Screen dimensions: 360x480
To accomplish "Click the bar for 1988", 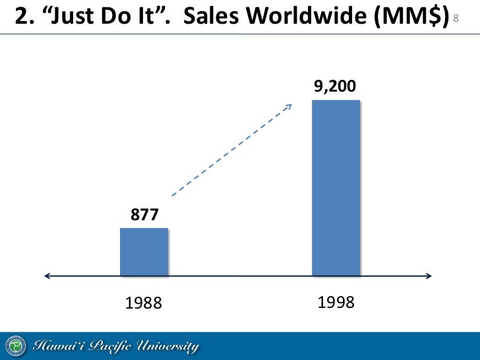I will coord(144,252).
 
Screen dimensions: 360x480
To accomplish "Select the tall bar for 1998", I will coord(336,188).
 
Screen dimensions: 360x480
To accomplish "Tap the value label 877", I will coord(144,216).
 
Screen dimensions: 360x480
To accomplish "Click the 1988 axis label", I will coord(144,303).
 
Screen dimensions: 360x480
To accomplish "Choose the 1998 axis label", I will coord(336,303).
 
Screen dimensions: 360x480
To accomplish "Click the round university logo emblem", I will coord(16,346).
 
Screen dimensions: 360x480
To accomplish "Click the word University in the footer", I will coord(169,346).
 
